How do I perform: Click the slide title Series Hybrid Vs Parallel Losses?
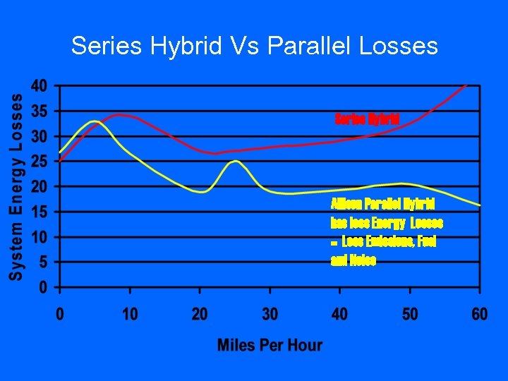[254, 47]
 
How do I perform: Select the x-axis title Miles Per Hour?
[270, 345]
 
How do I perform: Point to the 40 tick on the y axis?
[39, 86]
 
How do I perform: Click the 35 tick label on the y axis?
[39, 111]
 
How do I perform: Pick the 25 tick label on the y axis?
[39, 162]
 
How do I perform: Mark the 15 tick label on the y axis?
[39, 212]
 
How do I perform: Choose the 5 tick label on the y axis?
[43, 262]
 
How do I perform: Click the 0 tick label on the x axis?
[60, 313]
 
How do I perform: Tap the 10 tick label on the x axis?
[129, 313]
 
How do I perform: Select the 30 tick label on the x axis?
[270, 313]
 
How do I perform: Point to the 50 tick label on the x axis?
[410, 313]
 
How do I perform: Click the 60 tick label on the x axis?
[479, 313]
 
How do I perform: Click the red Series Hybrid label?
[367, 118]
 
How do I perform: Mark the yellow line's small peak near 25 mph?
[235, 161]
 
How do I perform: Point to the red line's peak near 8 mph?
[119, 114]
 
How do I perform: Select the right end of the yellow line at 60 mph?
[480, 205]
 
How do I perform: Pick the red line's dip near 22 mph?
[215, 153]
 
